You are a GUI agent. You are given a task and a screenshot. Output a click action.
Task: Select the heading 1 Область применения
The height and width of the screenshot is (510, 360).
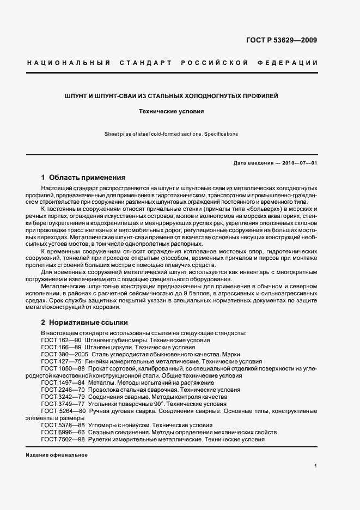coord(83,178)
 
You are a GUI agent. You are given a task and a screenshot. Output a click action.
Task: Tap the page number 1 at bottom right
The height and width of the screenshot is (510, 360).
coord(316,466)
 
